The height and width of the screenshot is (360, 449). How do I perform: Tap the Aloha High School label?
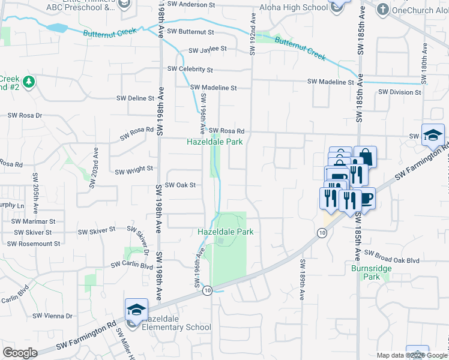coord(293,7)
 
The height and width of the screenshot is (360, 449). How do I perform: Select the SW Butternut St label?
coord(191,31)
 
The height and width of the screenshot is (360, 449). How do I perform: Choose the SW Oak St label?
coord(180,185)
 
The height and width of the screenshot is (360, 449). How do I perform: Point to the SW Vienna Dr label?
coord(52,316)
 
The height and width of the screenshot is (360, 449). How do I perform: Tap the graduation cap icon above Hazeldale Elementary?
coord(136,310)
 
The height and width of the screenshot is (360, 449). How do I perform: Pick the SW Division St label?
coord(400,92)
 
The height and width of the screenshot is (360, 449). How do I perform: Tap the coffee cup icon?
coord(366,198)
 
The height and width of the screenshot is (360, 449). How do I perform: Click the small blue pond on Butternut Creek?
coord(57,28)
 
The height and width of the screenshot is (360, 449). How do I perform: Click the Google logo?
coord(20,353)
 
